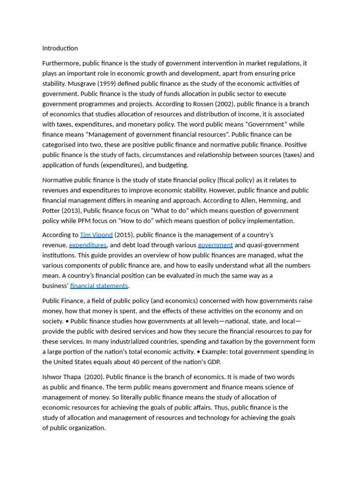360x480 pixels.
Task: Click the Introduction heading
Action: (60, 48)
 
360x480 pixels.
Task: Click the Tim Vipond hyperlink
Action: (96, 235)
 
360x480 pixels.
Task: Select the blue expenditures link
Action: (88, 245)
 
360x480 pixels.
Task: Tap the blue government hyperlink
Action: (215, 245)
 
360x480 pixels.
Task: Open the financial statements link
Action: (99, 286)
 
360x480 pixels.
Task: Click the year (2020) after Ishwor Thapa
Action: (94, 377)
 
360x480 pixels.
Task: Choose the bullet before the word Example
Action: (199, 352)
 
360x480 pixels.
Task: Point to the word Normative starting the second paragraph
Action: (59, 180)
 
